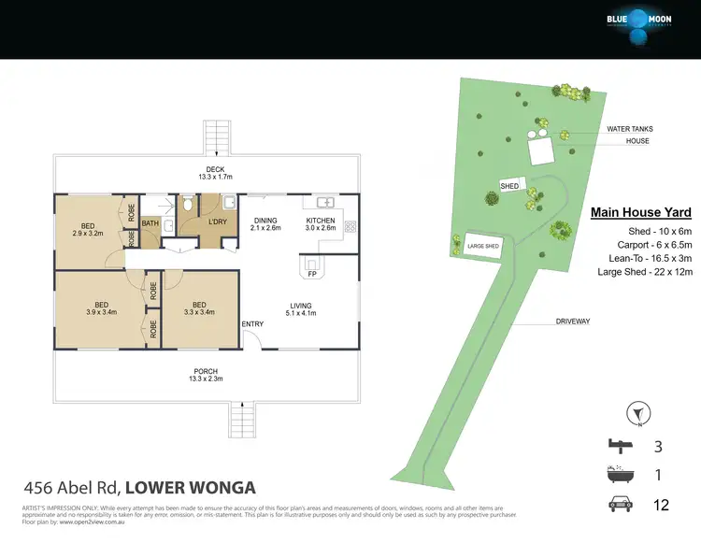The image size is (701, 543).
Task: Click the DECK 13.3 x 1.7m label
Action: point(207,173)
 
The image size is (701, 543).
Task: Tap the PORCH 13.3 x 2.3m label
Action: point(207,375)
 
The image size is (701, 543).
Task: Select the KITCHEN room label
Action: point(321,224)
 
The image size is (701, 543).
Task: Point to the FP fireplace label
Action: point(312,275)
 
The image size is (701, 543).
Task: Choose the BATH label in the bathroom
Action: point(150,223)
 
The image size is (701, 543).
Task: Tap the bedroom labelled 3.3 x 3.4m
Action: point(198,308)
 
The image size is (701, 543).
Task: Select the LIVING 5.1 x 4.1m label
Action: point(300,308)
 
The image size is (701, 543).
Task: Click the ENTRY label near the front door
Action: point(253,324)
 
